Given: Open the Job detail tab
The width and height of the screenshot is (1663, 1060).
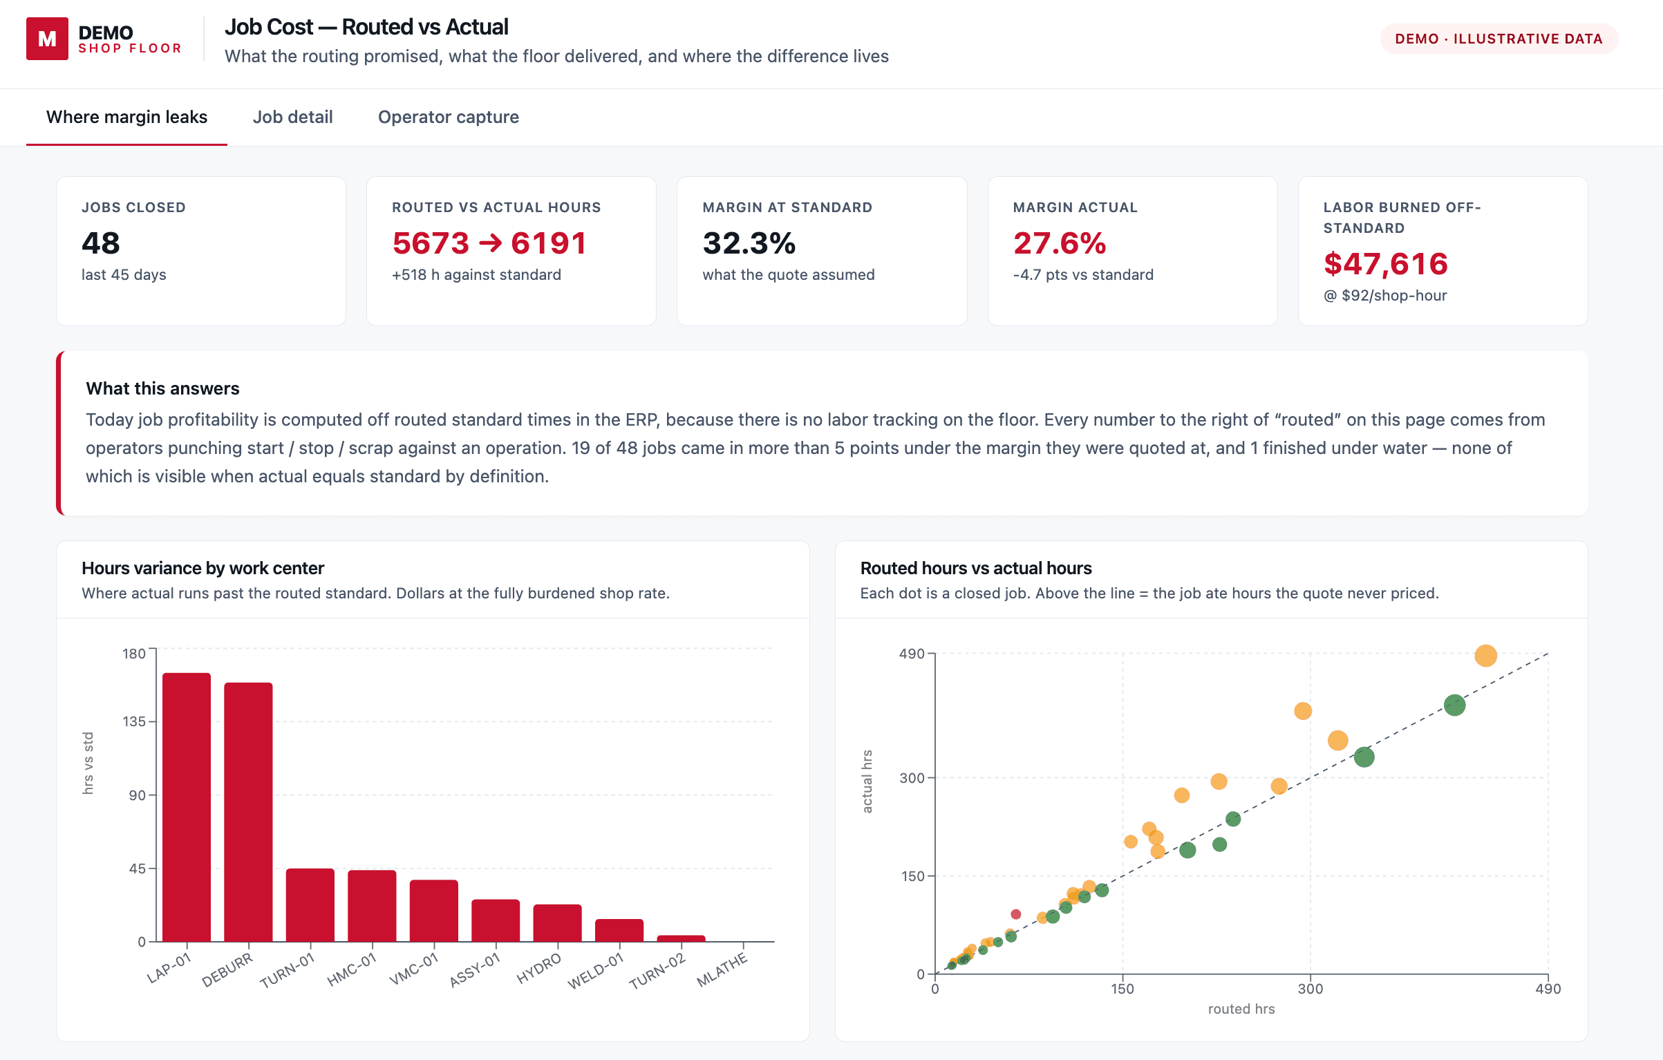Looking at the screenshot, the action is (292, 117).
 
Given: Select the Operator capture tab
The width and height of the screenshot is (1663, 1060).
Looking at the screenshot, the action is (448, 117).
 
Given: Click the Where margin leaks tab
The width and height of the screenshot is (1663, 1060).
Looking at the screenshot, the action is (126, 117).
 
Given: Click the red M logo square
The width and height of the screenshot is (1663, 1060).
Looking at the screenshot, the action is (47, 39).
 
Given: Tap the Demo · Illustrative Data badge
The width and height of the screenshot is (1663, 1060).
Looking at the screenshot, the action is (1498, 39).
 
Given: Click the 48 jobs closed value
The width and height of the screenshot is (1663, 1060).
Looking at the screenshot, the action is (101, 243).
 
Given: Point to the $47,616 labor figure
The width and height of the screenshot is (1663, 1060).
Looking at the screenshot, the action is (1385, 264).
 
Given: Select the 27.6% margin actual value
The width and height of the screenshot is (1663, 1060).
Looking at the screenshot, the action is (1060, 243).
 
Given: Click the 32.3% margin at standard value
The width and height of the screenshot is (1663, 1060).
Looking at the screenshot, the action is (749, 243).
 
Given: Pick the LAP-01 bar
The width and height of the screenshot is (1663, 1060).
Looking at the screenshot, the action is (187, 807).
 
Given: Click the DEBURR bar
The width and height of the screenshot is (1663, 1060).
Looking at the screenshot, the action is (248, 812).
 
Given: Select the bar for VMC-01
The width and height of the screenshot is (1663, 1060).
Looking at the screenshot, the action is (434, 911).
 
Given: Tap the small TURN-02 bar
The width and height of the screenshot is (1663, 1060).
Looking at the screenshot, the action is (681, 938).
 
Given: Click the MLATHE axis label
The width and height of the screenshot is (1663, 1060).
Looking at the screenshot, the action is (722, 969).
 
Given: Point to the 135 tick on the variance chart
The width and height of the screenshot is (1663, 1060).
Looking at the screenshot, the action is (134, 721).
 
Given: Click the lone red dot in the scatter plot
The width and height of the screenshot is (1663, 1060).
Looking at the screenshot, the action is (1015, 914).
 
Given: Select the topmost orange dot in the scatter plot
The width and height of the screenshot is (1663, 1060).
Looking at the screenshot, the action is (1485, 655).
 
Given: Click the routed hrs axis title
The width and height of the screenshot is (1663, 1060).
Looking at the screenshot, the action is (1241, 1009).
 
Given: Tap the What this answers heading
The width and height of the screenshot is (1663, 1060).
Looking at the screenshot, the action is (162, 388).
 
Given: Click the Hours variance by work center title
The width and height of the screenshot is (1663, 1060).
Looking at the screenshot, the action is (203, 568).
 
